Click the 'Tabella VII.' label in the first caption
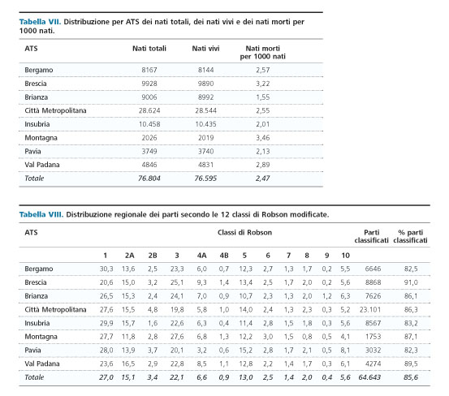click(40, 22)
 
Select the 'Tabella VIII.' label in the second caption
click(41, 214)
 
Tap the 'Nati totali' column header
click(149, 49)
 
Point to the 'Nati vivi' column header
click(205, 49)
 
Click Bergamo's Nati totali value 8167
click(149, 70)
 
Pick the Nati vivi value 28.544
click(205, 110)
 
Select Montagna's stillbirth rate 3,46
click(262, 138)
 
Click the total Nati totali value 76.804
click(149, 179)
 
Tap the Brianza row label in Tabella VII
click(36, 97)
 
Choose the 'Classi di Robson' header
click(244, 232)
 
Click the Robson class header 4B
click(224, 256)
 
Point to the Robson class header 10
click(345, 256)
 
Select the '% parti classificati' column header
click(410, 236)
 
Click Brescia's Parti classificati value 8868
click(373, 282)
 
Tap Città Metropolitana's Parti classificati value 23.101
click(370, 310)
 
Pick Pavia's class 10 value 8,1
click(345, 351)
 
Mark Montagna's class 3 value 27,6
click(177, 337)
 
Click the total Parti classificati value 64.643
click(369, 377)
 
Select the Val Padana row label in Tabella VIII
click(42, 364)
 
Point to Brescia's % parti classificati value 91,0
click(411, 282)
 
